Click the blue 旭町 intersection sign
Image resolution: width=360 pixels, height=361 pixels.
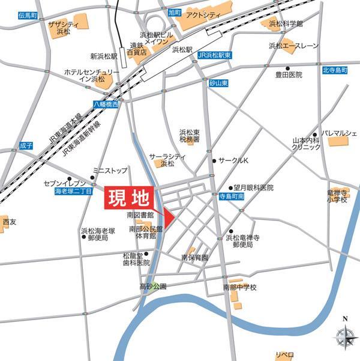pyautogui.click(x=175, y=12)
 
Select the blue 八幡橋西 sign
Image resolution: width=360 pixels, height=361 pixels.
pyautogui.click(x=106, y=105)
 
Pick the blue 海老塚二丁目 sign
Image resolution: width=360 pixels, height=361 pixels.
pyautogui.click(x=73, y=191)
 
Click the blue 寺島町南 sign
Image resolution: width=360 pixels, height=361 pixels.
pyautogui.click(x=230, y=196)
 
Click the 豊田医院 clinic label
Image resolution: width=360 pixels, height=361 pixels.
pyautogui.click(x=288, y=75)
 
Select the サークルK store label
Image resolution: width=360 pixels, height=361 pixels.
pyautogui.click(x=232, y=161)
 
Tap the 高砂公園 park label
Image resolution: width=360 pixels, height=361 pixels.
pyautogui.click(x=152, y=287)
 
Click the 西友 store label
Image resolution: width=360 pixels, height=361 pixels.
pyautogui.click(x=10, y=222)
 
